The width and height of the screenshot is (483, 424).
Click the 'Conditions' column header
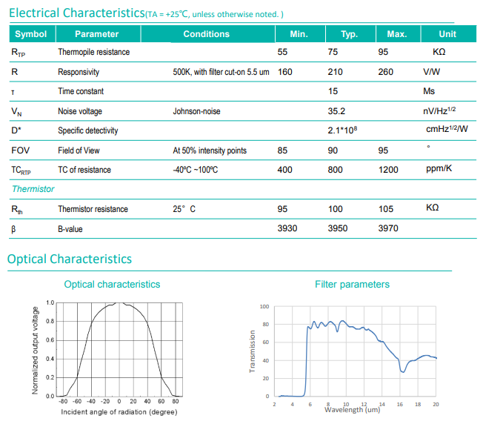point(206,34)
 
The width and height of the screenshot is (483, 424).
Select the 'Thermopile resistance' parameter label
point(93,53)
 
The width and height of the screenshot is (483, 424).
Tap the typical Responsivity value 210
point(336,72)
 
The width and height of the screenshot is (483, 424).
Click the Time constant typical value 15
point(334,91)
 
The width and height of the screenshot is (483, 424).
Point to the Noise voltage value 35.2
point(336,111)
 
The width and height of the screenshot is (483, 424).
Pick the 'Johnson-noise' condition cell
point(196,111)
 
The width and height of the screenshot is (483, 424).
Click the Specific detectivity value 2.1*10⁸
point(343,130)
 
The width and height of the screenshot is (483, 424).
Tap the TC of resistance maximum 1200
point(390,170)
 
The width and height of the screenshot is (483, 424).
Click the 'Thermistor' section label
point(33,189)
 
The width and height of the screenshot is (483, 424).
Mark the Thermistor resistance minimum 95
point(283,209)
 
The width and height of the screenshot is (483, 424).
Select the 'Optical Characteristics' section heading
point(70,259)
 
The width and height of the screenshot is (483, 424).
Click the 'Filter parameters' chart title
point(352,284)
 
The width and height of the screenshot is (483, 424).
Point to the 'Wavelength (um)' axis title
point(352,409)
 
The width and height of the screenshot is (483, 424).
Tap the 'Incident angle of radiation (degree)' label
point(119,412)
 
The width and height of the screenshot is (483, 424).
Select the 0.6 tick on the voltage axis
point(50,340)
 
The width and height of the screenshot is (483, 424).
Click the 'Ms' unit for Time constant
point(429,91)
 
